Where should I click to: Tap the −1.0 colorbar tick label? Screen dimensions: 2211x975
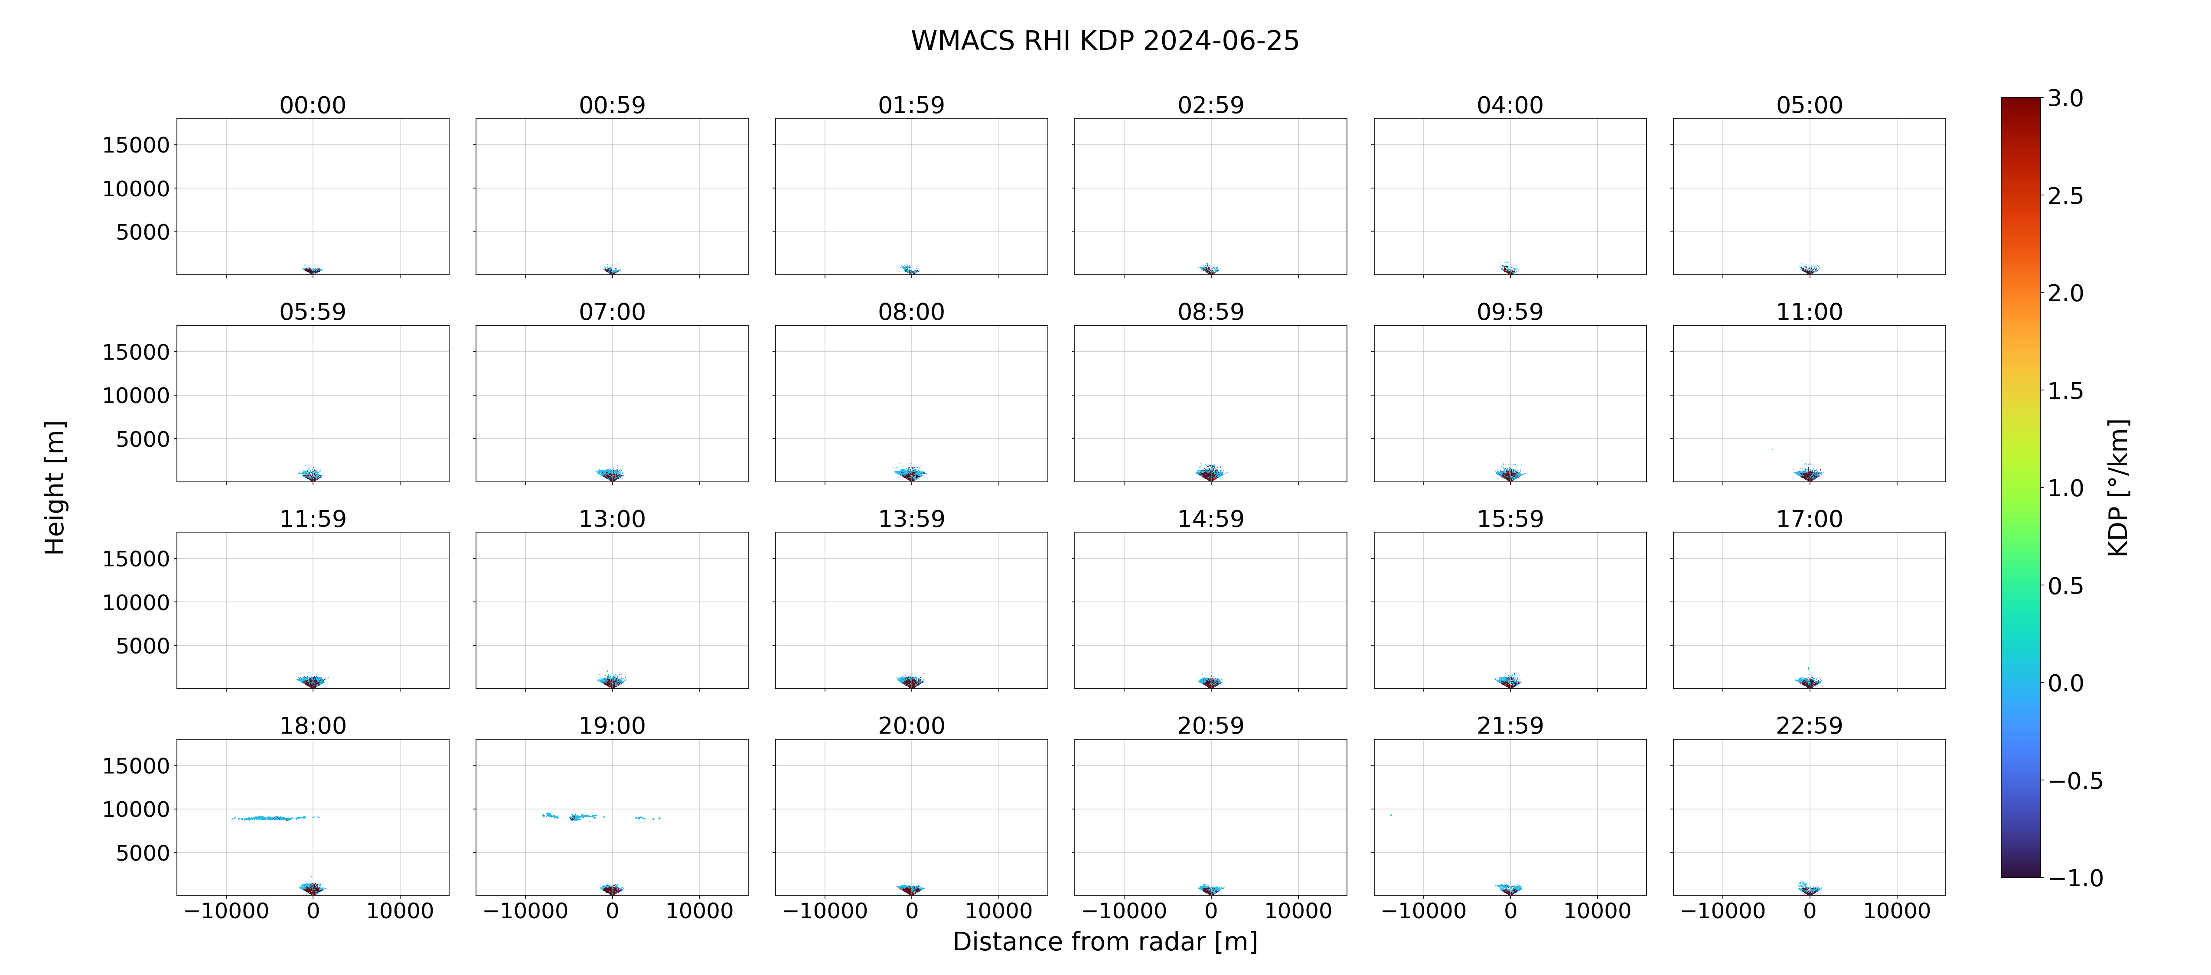(x=2075, y=878)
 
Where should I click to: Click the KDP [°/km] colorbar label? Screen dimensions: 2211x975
(x=2118, y=487)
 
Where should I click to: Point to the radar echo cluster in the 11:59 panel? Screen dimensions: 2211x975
(x=313, y=682)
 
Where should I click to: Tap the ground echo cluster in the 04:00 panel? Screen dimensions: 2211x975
(x=1510, y=269)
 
